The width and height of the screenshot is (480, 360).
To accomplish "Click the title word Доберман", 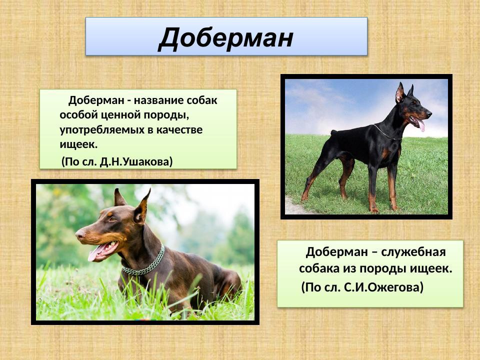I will [x=225, y=37].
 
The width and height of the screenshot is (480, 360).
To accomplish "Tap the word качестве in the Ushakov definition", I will [x=177, y=129].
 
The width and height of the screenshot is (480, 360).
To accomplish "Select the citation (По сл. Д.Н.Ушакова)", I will [x=117, y=161].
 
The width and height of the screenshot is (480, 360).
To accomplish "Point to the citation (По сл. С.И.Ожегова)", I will [x=362, y=287].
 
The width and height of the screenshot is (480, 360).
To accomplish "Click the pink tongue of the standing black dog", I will [x=421, y=125].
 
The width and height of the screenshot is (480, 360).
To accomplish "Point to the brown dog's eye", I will [x=111, y=220].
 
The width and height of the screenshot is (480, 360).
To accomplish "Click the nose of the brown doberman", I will [x=79, y=233].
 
